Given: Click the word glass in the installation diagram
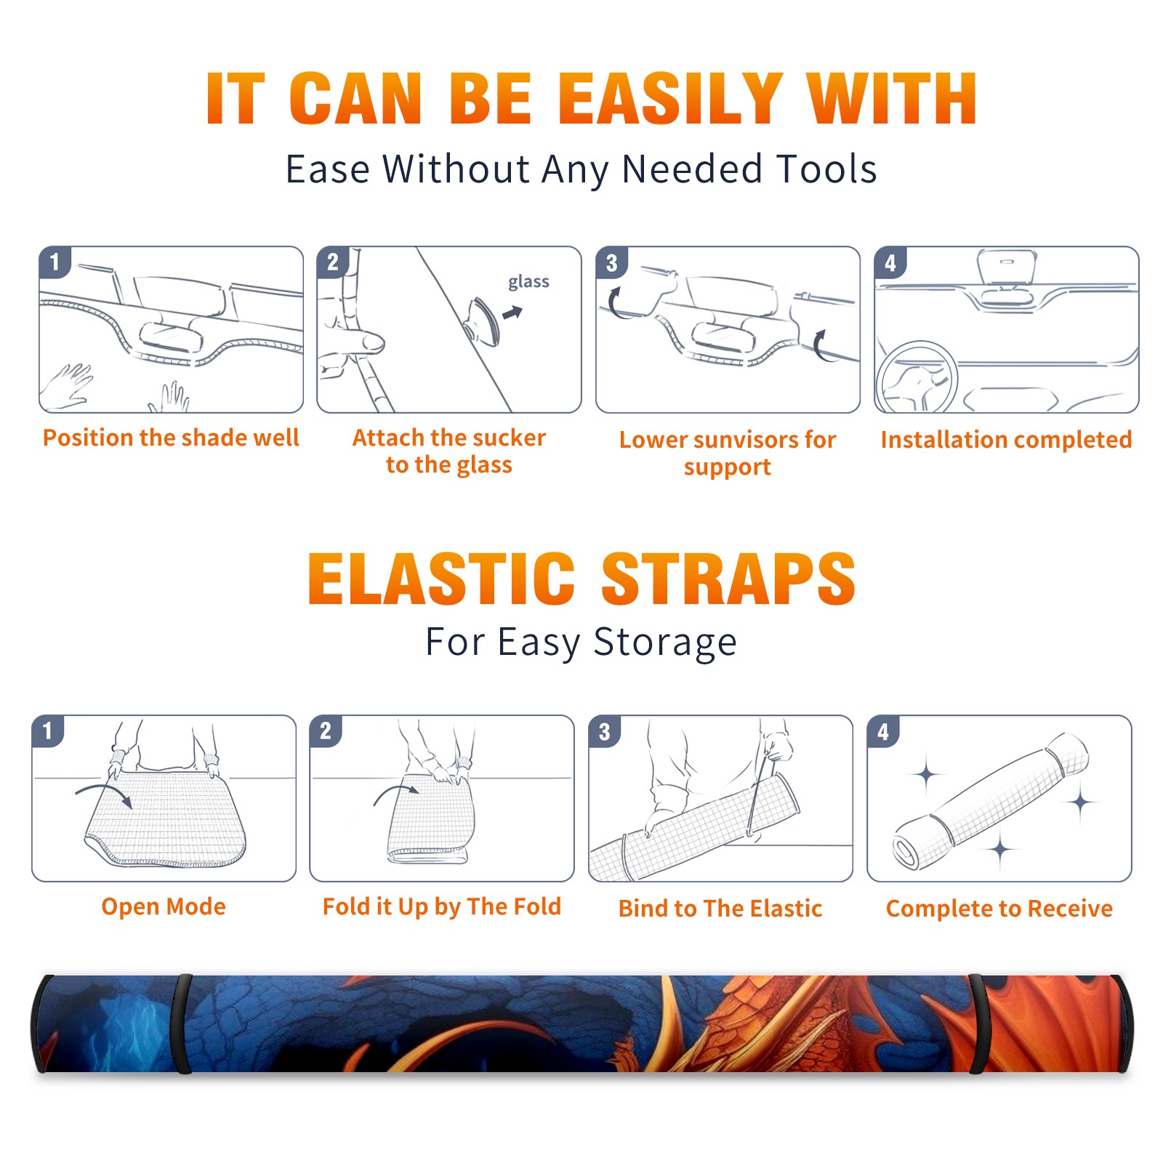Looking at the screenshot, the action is pyautogui.click(x=528, y=281).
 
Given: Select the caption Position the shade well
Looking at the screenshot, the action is pyautogui.click(x=171, y=438).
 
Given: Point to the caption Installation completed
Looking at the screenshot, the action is pyautogui.click(x=1006, y=439).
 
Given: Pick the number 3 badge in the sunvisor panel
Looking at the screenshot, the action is pyautogui.click(x=611, y=262).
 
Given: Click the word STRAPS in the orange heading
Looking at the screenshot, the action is pyautogui.click(x=728, y=579).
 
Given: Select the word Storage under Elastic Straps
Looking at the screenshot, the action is pyautogui.click(x=665, y=643).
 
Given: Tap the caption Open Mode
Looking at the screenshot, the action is pyautogui.click(x=164, y=906).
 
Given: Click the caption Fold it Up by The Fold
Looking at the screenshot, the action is pyautogui.click(x=442, y=906).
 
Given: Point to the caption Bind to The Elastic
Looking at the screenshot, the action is pyautogui.click(x=720, y=909).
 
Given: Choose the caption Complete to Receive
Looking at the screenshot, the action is pyautogui.click(x=999, y=909).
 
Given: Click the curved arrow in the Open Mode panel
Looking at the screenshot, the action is pyautogui.click(x=103, y=787).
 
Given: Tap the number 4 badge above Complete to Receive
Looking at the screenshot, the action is pyautogui.click(x=883, y=731).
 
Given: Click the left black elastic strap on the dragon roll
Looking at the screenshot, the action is pyautogui.click(x=183, y=1023).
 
